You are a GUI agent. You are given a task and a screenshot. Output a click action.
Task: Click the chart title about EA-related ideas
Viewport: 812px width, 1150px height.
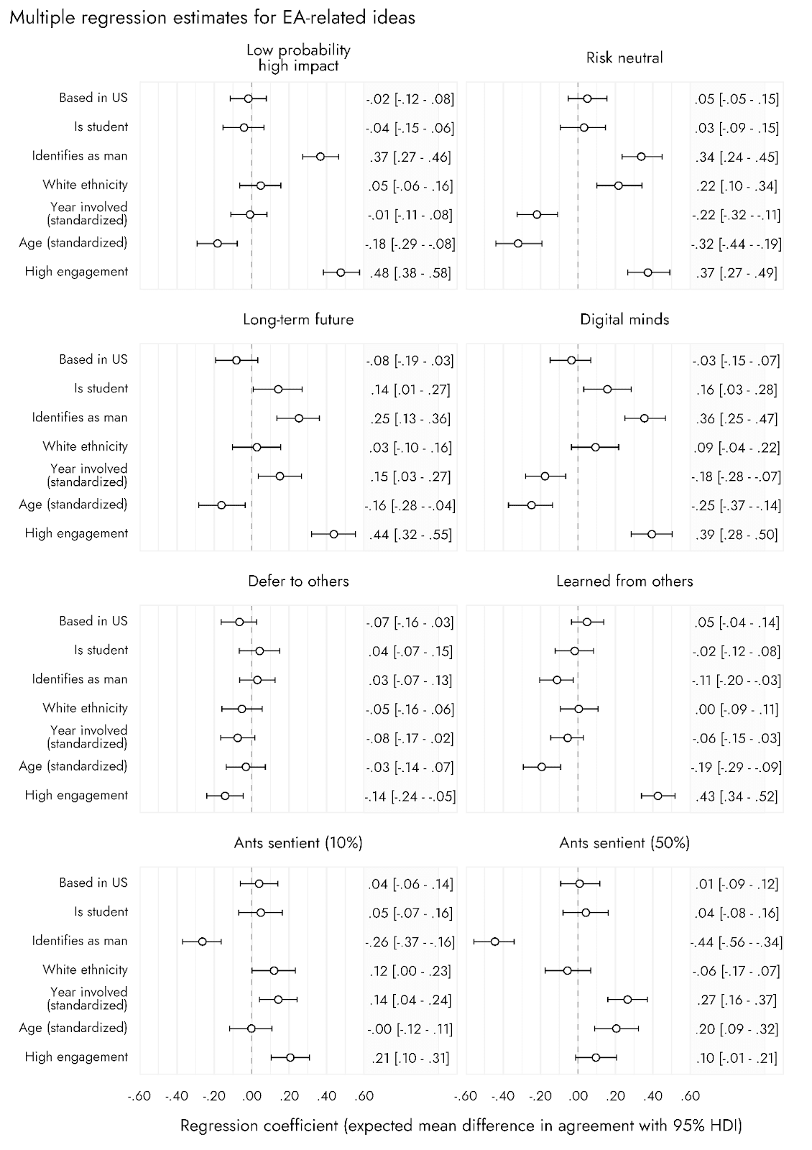pyautogui.click(x=212, y=18)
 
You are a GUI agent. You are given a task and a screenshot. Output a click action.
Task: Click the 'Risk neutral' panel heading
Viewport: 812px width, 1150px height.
pyautogui.click(x=624, y=57)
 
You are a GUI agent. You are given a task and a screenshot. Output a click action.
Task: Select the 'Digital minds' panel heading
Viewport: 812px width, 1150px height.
pyautogui.click(x=624, y=319)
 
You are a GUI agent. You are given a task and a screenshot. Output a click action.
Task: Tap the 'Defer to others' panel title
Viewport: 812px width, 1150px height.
pyautogui.click(x=298, y=581)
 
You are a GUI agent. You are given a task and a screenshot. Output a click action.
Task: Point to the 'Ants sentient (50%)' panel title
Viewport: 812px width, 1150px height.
pyautogui.click(x=624, y=842)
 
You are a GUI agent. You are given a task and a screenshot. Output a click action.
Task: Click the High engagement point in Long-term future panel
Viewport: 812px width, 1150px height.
pyautogui.click(x=333, y=534)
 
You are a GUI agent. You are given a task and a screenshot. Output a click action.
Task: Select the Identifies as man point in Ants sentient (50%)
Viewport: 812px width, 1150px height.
pyautogui.click(x=495, y=942)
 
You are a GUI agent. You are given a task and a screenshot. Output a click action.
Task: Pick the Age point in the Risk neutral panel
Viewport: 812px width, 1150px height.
pyautogui.click(x=518, y=244)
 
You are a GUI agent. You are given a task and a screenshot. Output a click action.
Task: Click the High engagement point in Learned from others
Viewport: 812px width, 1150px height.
pyautogui.click(x=658, y=796)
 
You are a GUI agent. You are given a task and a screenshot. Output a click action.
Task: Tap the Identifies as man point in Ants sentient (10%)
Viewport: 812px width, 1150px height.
pyautogui.click(x=202, y=942)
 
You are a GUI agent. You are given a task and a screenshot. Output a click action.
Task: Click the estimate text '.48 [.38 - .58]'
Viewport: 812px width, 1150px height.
pyautogui.click(x=410, y=273)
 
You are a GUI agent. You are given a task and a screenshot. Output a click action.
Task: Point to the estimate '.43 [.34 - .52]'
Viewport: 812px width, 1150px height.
pyautogui.click(x=737, y=796)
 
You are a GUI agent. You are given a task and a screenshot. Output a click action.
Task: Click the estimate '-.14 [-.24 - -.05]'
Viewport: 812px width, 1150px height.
pyautogui.click(x=410, y=796)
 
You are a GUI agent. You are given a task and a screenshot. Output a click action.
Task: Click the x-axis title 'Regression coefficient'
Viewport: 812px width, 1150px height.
pyautogui.click(x=461, y=1125)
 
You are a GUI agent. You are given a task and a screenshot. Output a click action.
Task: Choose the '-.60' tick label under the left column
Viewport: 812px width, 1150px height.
pyautogui.click(x=139, y=1096)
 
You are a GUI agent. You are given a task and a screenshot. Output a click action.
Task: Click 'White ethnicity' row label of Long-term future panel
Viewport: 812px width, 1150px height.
pyautogui.click(x=85, y=446)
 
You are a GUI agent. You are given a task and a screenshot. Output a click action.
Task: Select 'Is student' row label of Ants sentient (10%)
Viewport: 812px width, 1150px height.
pyautogui.click(x=101, y=912)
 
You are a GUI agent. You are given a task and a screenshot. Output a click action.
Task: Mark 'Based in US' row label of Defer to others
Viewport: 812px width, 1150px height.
pyautogui.click(x=93, y=621)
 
